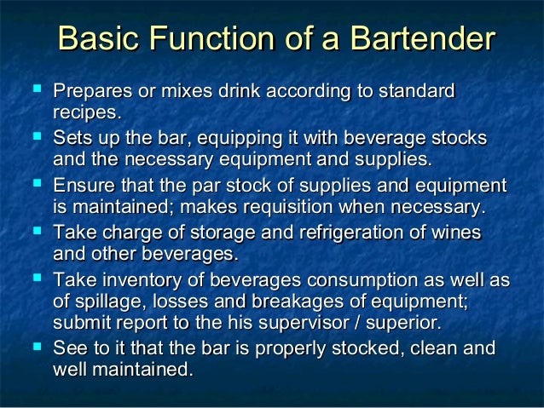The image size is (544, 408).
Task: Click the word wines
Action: pos(457,233)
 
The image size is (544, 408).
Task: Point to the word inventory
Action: pos(133,280)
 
